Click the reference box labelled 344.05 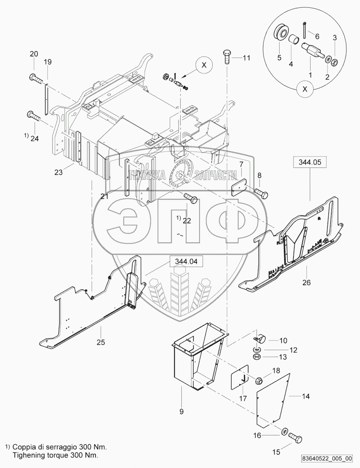(310, 162)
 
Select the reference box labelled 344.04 (186, 261)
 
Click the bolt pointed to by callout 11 (227, 57)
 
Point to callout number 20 (34, 54)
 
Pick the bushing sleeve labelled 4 (294, 40)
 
